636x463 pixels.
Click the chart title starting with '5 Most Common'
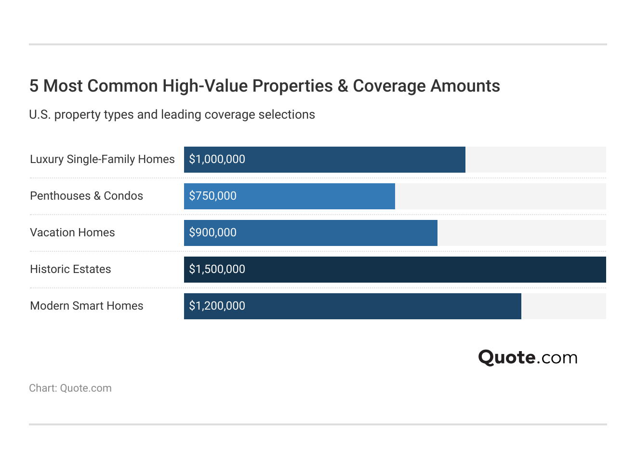[x=265, y=86]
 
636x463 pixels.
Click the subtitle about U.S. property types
[x=172, y=115]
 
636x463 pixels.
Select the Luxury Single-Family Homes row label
[x=102, y=159]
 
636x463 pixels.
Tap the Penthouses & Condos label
[x=87, y=196]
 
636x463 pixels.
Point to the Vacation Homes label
[x=72, y=232]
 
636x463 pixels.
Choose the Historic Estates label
[x=70, y=269]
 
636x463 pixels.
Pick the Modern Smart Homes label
[x=87, y=306]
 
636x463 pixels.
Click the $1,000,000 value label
[x=217, y=159]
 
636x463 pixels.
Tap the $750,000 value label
[x=212, y=196]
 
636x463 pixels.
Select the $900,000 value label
[x=212, y=232]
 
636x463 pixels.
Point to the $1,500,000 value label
[x=217, y=269]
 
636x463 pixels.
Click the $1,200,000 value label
[x=217, y=306]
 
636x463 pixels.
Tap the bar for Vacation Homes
[x=337, y=233]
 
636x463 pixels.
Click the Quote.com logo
[x=528, y=357]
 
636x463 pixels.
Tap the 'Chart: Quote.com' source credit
[x=70, y=388]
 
